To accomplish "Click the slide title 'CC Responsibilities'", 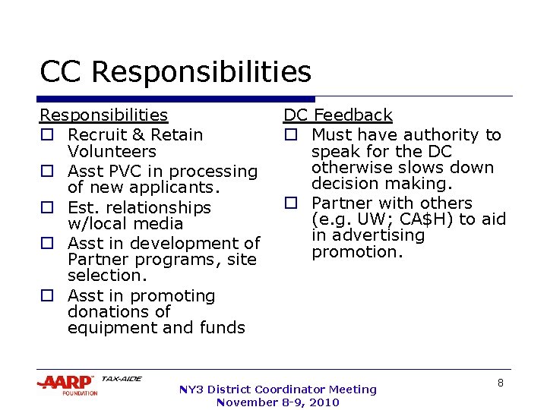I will (175, 72).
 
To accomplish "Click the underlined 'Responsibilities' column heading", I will (103, 115).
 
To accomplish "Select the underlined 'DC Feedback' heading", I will (337, 115).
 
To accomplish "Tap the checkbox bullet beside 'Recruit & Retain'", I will (46, 135).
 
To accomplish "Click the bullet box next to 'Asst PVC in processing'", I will (46, 172).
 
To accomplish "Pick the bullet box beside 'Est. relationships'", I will (46, 207).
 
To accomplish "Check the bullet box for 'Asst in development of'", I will (46, 244).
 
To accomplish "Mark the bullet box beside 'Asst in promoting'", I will (46, 296).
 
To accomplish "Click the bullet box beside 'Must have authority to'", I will (290, 135).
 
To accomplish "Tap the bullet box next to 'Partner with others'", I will (290, 203).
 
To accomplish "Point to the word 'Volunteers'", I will (112, 151).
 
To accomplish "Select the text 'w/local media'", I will (125, 223).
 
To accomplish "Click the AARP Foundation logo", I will (67, 385).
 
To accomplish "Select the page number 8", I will (501, 383).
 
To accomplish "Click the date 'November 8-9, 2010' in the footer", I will (277, 402).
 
